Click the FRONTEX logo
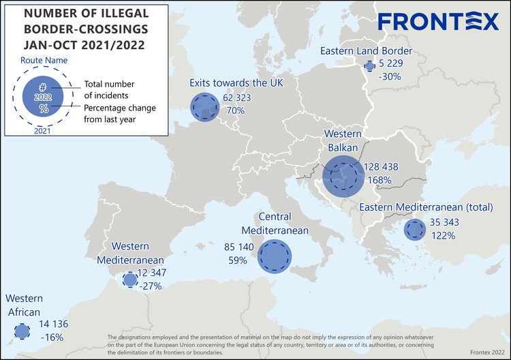pyautogui.click(x=438, y=22)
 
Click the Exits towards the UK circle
pyautogui.click(x=202, y=106)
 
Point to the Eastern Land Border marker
pyautogui.click(x=369, y=66)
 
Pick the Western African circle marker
pyautogui.click(x=22, y=331)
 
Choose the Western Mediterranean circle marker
pyautogui.click(x=129, y=279)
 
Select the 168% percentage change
pyautogui.click(x=379, y=181)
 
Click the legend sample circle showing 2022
pyautogui.click(x=43, y=96)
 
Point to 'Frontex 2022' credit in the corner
pyautogui.click(x=486, y=352)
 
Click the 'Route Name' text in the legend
pyautogui.click(x=43, y=60)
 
